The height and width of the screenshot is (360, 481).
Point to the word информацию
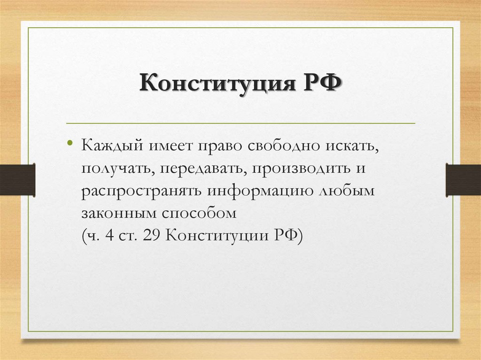tap(252, 191)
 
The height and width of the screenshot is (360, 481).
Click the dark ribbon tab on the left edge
tap(17, 179)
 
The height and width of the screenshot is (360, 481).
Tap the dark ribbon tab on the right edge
tap(463, 179)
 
